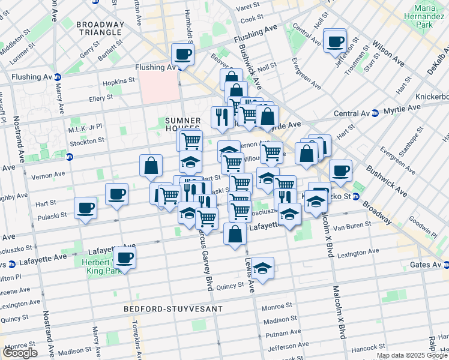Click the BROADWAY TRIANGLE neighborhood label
pyautogui.click(x=100, y=29)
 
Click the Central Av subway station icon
pyautogui.click(x=375, y=113)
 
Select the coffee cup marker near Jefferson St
pyautogui.click(x=335, y=41)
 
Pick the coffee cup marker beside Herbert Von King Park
pyautogui.click(x=125, y=257)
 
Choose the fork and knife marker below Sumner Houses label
pyautogui.click(x=222, y=117)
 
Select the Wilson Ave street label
pyautogui.click(x=388, y=52)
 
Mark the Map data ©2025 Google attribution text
pyautogui.click(x=411, y=355)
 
